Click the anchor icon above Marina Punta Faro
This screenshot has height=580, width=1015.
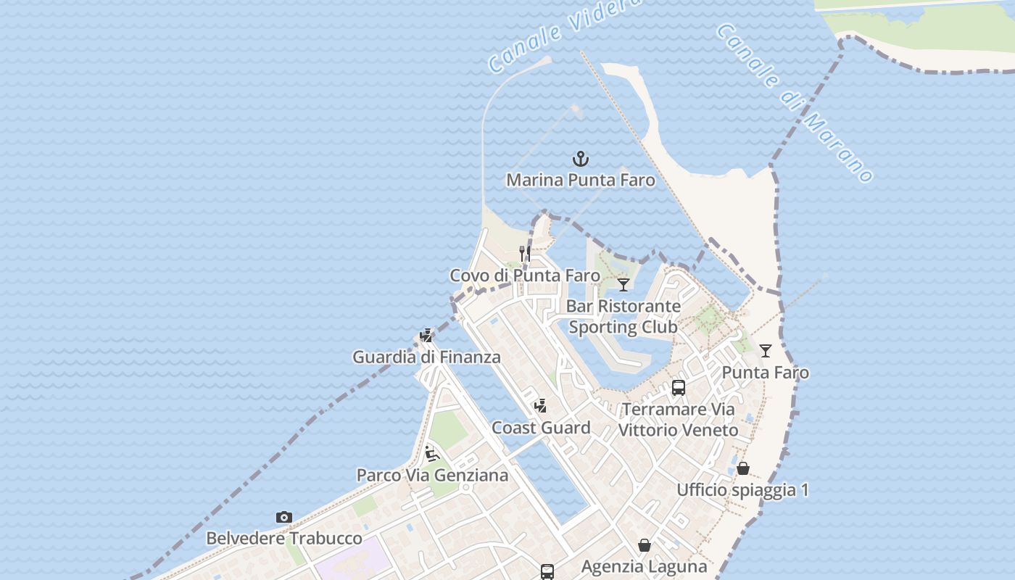[x=580, y=158]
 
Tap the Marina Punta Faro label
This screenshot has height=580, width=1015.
[x=580, y=180]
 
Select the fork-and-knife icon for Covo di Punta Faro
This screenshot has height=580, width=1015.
[x=525, y=253]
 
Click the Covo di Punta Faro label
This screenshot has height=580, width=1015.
[x=525, y=275]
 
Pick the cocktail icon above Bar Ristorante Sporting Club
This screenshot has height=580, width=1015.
[x=623, y=284]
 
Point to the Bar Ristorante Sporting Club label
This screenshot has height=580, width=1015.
[x=623, y=317]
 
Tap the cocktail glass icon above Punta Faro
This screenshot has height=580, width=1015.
[x=766, y=351]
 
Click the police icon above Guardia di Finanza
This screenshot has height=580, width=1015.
[x=426, y=336]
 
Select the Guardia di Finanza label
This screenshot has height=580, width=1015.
[x=426, y=357]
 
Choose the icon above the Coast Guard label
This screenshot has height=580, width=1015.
[x=540, y=405]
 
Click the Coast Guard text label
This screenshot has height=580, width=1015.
[x=541, y=428]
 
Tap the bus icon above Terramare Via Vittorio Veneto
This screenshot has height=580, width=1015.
[x=679, y=388]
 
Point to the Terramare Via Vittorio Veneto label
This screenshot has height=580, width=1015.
[x=679, y=420]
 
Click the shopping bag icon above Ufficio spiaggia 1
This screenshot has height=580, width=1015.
[x=743, y=468]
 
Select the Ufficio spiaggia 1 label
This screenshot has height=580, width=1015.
[x=742, y=490]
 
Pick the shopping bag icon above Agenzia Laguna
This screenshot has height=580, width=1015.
[x=645, y=545]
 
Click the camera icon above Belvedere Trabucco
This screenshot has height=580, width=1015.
[x=284, y=517]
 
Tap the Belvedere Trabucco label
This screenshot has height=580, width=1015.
[x=284, y=539]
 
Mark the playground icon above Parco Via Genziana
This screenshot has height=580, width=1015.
[x=432, y=455]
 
